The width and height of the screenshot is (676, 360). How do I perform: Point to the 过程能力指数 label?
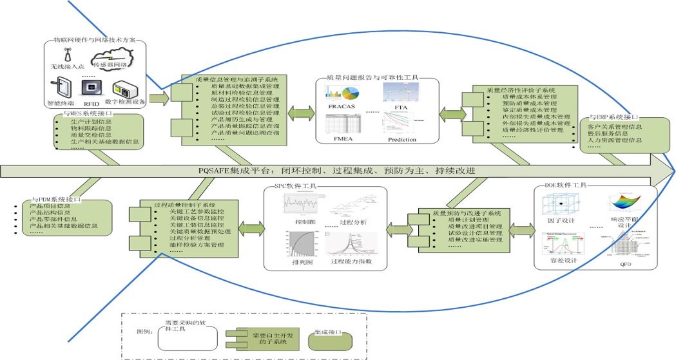[x=351, y=263]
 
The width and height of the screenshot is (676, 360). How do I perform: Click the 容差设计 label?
[x=563, y=261]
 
